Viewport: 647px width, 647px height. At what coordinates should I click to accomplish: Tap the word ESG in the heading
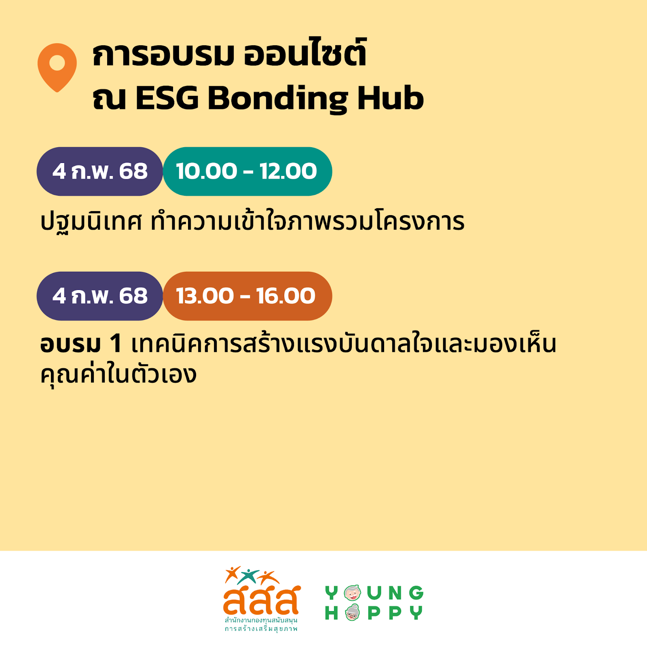167,98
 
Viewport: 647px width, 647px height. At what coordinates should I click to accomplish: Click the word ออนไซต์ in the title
305,53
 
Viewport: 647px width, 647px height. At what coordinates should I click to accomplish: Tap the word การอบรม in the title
163,55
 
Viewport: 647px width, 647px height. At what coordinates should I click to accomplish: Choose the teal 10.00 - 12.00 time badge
247,171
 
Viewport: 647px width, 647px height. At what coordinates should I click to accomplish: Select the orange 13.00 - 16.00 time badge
247,296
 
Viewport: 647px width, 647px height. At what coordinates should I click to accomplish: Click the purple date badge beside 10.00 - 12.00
100,171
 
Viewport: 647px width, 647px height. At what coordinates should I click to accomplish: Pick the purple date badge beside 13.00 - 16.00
100,296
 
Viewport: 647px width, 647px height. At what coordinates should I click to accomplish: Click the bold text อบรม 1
81,344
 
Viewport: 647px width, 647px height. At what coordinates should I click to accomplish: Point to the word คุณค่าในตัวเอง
118,374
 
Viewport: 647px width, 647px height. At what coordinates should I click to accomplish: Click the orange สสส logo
262,598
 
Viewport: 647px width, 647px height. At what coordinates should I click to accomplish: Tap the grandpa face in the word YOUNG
352,593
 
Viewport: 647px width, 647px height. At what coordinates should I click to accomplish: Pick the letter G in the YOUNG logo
416,593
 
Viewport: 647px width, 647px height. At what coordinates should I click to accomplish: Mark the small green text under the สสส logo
261,624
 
